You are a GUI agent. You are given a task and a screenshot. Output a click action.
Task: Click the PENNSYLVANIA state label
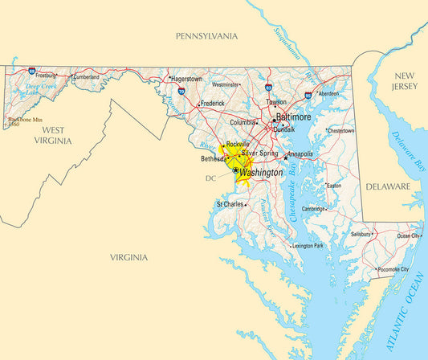point(207,36)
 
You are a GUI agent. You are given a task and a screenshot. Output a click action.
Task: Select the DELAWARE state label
point(388,186)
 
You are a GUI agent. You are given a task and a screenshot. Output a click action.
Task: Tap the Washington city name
point(261,173)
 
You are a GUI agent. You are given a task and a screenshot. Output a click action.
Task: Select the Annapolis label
point(300,153)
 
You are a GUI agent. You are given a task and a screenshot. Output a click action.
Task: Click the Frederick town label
point(213,103)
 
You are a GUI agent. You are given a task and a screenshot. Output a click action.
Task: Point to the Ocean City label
point(408,235)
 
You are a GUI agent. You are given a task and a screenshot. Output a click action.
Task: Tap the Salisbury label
point(361,234)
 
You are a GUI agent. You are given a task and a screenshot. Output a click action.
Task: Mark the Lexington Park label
point(308,246)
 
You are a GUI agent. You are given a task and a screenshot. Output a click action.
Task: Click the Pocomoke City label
point(393,269)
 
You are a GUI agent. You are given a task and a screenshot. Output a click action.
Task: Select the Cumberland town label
point(86,77)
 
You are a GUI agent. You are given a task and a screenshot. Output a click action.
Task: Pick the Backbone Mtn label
point(24,120)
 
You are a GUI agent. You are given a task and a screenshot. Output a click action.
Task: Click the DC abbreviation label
point(210,178)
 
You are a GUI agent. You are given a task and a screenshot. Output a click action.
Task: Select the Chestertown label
point(340,130)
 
